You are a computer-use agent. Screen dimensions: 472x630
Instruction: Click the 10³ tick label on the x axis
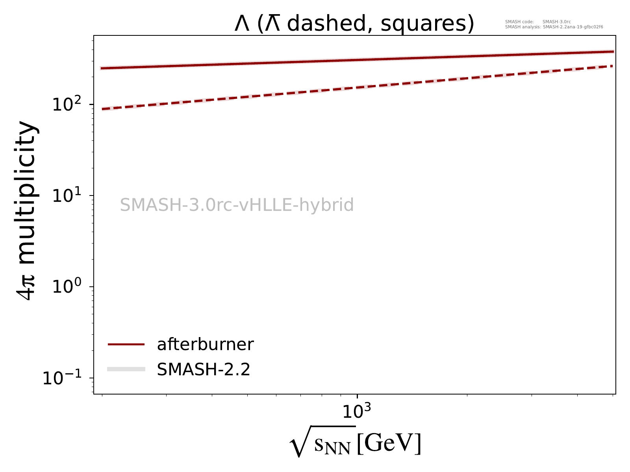[x=356, y=411]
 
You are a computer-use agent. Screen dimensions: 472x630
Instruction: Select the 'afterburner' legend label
[x=205, y=345]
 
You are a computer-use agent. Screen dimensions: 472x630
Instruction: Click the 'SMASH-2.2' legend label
[x=204, y=369]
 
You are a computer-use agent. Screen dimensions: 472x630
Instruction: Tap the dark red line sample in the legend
[x=126, y=345]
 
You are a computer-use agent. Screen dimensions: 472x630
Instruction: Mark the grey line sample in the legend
[x=126, y=369]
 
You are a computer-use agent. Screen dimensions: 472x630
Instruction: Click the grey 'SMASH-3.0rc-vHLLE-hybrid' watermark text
[x=237, y=205]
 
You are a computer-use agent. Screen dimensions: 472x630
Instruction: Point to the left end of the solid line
[x=102, y=68]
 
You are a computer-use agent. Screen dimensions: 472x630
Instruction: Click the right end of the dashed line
[x=613, y=66]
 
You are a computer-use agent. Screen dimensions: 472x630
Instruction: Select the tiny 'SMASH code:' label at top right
[x=519, y=22]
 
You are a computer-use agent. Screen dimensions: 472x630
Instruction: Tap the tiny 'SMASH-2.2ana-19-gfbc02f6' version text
[x=573, y=27]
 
